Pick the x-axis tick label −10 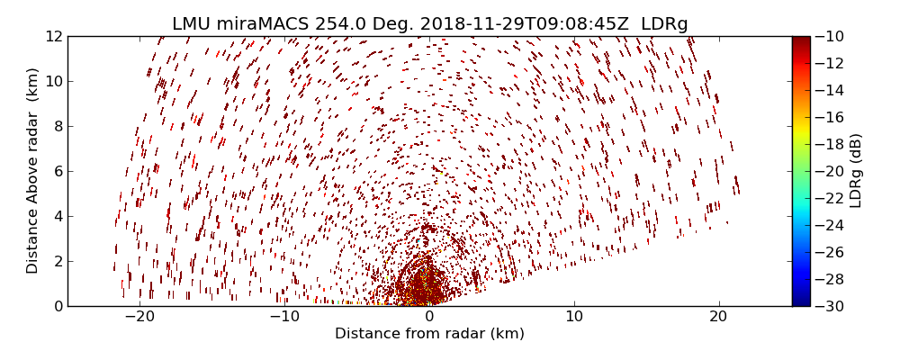[283, 318]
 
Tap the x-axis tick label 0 [429, 318]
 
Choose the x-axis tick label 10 [574, 318]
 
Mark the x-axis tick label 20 [718, 318]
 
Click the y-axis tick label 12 [53, 37]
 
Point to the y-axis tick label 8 [57, 127]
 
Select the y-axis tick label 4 [57, 217]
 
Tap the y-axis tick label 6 [57, 172]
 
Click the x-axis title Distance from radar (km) [429, 334]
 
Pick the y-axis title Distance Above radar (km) [33, 170]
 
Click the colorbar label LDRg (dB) [856, 171]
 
